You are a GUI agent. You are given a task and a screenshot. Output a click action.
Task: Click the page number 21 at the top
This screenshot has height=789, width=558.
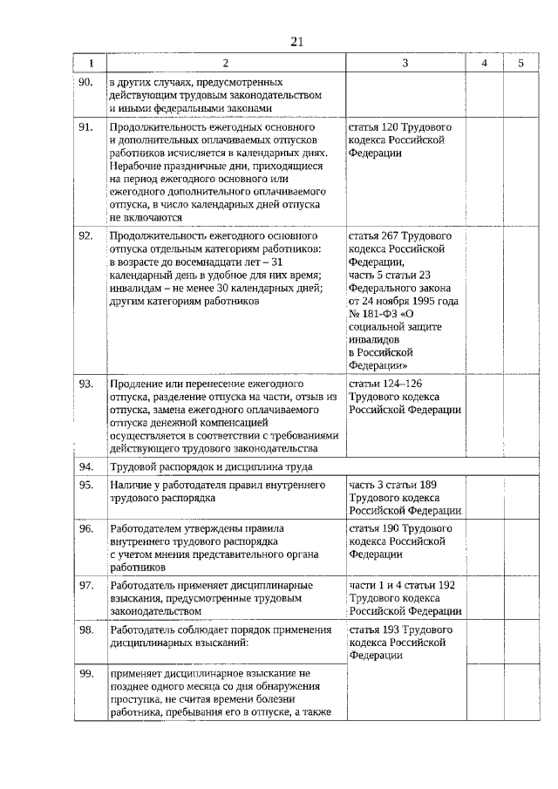296,40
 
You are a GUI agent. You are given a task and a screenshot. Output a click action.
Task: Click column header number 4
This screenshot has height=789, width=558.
485,63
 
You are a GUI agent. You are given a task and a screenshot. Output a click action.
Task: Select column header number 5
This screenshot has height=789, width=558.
521,63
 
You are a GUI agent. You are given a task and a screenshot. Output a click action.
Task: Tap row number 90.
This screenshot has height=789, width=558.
85,82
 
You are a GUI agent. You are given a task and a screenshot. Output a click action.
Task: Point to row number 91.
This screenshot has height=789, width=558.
85,127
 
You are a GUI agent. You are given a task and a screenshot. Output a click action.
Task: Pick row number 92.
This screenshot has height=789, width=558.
85,236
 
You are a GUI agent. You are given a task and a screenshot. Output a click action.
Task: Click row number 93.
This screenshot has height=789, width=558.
85,384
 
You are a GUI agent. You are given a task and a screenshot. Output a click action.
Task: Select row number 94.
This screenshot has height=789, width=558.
85,466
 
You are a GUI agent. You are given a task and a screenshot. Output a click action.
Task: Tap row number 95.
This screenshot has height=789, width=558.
85,485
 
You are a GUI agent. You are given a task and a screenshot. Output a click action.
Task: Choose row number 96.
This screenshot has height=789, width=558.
85,529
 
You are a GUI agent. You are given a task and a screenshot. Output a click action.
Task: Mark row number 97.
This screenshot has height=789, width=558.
85,585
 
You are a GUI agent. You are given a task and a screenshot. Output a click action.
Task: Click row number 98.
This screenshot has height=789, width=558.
85,629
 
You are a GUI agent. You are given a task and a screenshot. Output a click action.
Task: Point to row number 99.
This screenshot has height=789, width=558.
85,674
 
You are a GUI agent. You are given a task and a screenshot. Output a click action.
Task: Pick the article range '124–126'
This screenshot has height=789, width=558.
403,384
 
